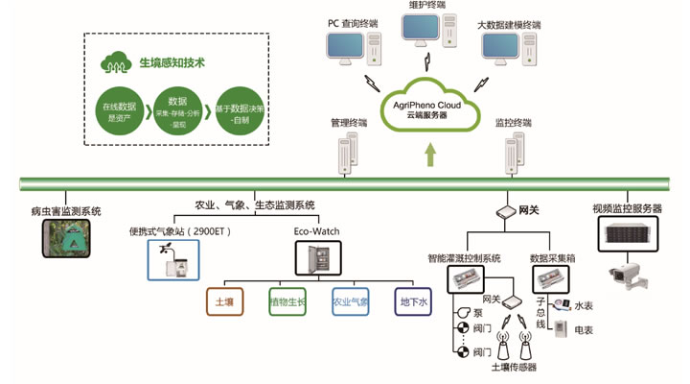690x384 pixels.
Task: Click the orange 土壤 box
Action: click(225, 301)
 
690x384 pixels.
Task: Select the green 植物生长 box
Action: click(287, 301)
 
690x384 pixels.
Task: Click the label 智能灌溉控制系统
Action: click(465, 257)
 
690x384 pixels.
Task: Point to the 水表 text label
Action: click(584, 305)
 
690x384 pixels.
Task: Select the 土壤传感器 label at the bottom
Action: click(514, 367)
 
